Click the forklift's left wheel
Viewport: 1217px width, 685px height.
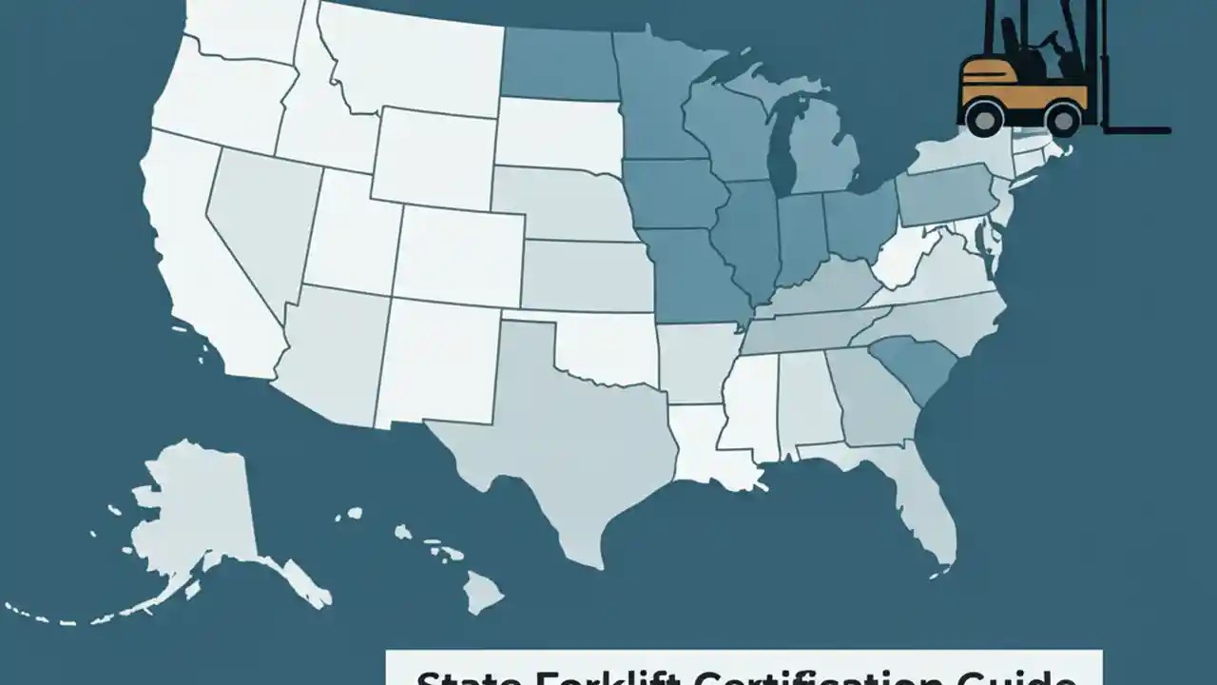[x=983, y=118]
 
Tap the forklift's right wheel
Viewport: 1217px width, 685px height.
[x=1062, y=119]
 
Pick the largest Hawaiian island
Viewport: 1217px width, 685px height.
[x=483, y=592]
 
